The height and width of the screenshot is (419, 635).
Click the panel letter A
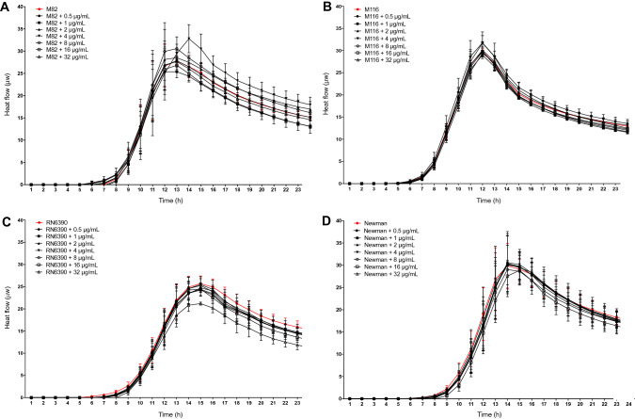click(6, 7)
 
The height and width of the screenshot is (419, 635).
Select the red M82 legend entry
click(50, 8)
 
